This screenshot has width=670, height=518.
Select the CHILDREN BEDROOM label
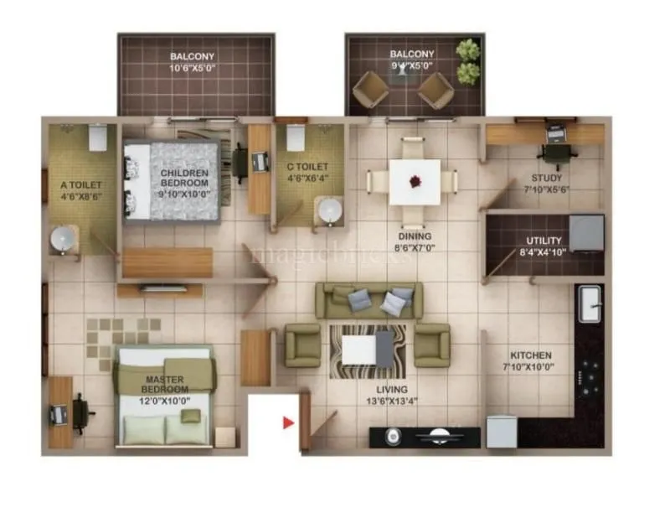click(x=184, y=178)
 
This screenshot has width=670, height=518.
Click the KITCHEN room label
click(x=528, y=355)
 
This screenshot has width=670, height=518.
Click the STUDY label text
click(x=546, y=178)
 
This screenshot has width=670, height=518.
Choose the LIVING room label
click(x=392, y=389)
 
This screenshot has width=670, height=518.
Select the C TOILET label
click(x=301, y=167)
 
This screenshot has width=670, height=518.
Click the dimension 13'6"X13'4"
click(x=392, y=401)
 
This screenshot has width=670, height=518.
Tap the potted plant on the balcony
click(x=469, y=61)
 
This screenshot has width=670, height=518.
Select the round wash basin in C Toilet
click(x=330, y=210)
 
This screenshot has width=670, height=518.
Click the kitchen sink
click(x=590, y=301)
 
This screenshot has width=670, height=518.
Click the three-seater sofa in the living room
click(x=368, y=300)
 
